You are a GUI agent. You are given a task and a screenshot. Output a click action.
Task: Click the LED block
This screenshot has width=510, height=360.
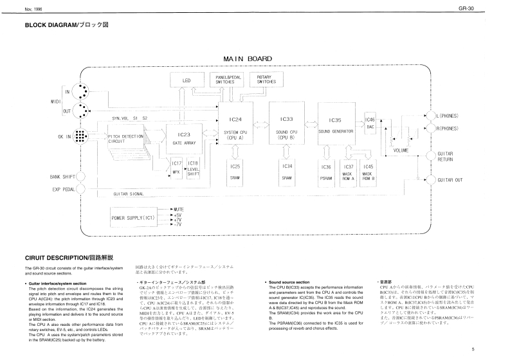tap(187, 81)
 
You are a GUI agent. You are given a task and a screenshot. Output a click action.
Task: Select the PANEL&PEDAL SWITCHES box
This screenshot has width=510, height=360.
tap(224, 80)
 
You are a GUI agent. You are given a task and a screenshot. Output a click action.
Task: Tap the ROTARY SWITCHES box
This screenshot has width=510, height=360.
tap(266, 80)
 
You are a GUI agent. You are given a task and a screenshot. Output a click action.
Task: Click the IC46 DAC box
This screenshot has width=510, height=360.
tap(370, 123)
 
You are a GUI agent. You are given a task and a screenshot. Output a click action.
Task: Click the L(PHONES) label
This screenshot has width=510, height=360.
tap(448, 115)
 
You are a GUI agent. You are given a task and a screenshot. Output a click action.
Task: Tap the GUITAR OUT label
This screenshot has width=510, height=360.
tap(450, 180)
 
